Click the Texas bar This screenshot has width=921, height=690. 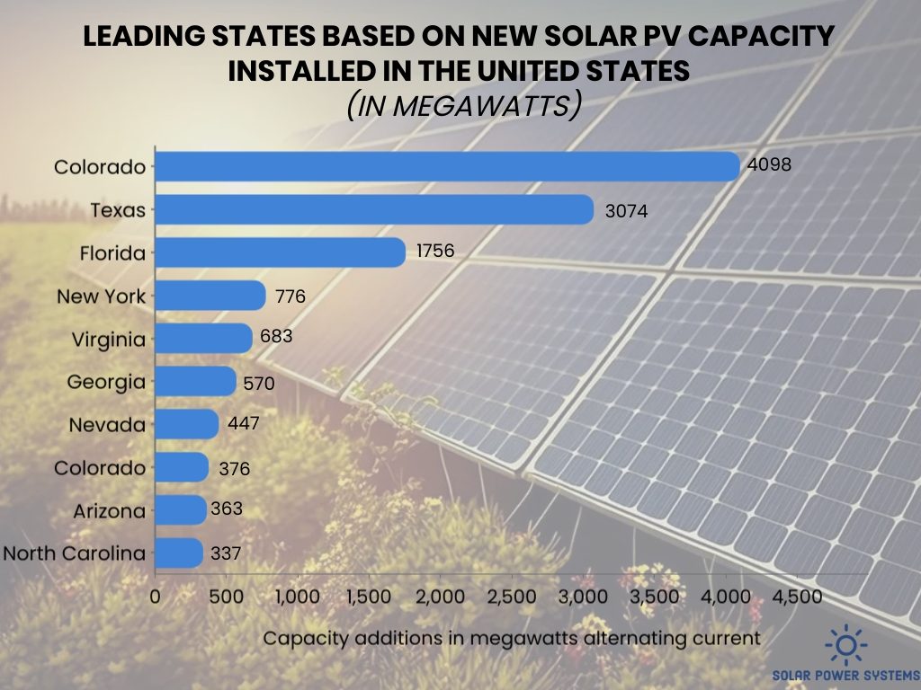pyautogui.click(x=375, y=210)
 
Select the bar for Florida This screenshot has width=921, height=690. pyautogui.click(x=281, y=253)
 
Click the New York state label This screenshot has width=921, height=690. pyautogui.click(x=101, y=296)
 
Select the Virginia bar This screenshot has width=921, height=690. pyautogui.click(x=204, y=339)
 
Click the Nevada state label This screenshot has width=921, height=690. pyautogui.click(x=107, y=425)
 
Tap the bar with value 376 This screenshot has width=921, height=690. pyautogui.click(x=182, y=467)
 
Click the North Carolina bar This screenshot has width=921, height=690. pyautogui.click(x=179, y=553)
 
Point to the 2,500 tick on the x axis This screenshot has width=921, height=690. pyautogui.click(x=511, y=597)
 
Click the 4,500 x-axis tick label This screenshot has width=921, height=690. pyautogui.click(x=797, y=597)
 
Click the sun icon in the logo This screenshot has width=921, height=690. pyautogui.click(x=846, y=645)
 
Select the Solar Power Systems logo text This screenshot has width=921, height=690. pyautogui.click(x=846, y=675)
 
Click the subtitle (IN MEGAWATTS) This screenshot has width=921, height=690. pyautogui.click(x=460, y=106)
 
